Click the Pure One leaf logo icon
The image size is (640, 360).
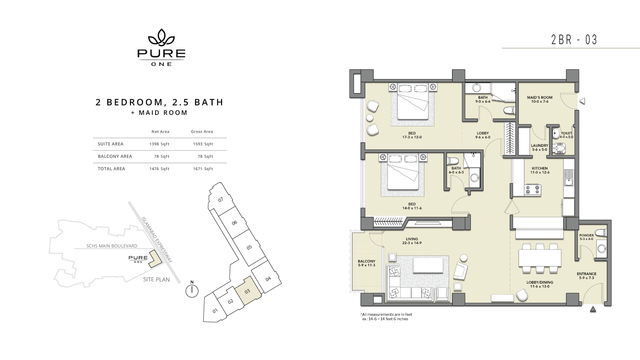click(161, 37)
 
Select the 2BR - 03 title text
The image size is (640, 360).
click(574, 40)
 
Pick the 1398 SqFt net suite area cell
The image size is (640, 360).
click(159, 144)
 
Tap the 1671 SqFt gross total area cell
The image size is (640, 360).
click(203, 169)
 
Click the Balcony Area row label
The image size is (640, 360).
click(115, 156)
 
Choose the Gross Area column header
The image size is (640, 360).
click(202, 132)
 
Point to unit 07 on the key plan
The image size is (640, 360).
click(221, 200)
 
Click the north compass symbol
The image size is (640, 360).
click(191, 290)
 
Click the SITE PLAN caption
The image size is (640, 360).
click(156, 280)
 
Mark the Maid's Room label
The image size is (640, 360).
click(540, 97)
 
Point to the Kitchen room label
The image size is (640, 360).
click(540, 169)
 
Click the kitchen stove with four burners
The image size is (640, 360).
click(533, 190)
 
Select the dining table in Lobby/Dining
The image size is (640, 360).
click(540, 258)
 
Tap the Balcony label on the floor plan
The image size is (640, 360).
click(367, 261)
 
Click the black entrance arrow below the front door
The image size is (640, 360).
click(593, 309)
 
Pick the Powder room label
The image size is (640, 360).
click(587, 235)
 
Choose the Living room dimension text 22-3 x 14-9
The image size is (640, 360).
click(412, 243)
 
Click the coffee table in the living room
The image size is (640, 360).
click(428, 265)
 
